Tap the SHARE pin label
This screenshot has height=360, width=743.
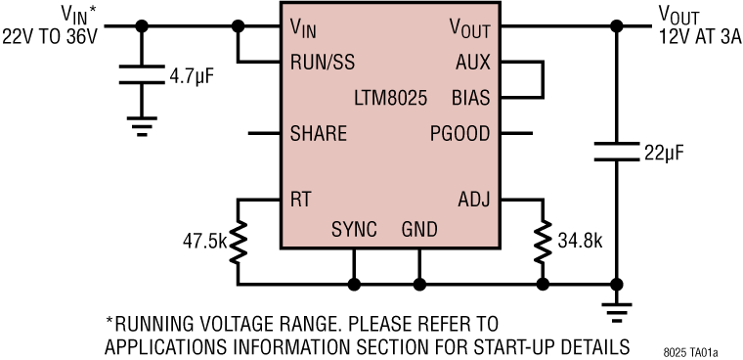pos(319,133)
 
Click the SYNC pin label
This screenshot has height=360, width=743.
pos(354,229)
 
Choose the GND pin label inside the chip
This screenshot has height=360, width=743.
pos(419,229)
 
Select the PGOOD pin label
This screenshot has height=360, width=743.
pos(460,133)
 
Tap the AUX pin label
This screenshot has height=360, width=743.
pos(474,63)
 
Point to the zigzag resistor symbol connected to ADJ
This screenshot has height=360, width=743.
pos(542,242)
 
